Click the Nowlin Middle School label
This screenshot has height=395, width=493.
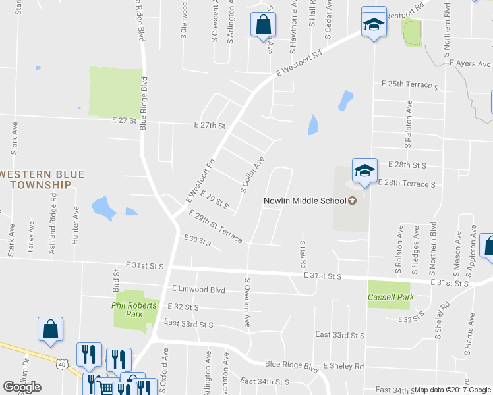coord(305,201)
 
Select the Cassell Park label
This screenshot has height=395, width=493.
coord(391,298)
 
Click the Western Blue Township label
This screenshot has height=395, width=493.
coord(43,180)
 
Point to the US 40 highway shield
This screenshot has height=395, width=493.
coord(61,363)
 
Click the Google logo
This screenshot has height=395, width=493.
coord(22,387)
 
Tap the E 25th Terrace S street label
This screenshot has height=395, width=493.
coord(409,86)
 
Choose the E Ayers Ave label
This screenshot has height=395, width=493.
coord(470,64)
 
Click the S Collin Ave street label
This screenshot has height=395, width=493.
coord(252,174)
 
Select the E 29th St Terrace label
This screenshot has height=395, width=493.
coord(216,226)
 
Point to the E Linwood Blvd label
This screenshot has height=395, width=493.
coord(198,290)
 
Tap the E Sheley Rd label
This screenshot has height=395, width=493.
coord(343,366)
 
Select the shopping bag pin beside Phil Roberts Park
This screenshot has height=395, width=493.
coord(51,330)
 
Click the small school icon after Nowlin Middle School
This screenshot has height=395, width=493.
coord(352,201)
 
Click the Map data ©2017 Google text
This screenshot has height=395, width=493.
coord(453,390)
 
